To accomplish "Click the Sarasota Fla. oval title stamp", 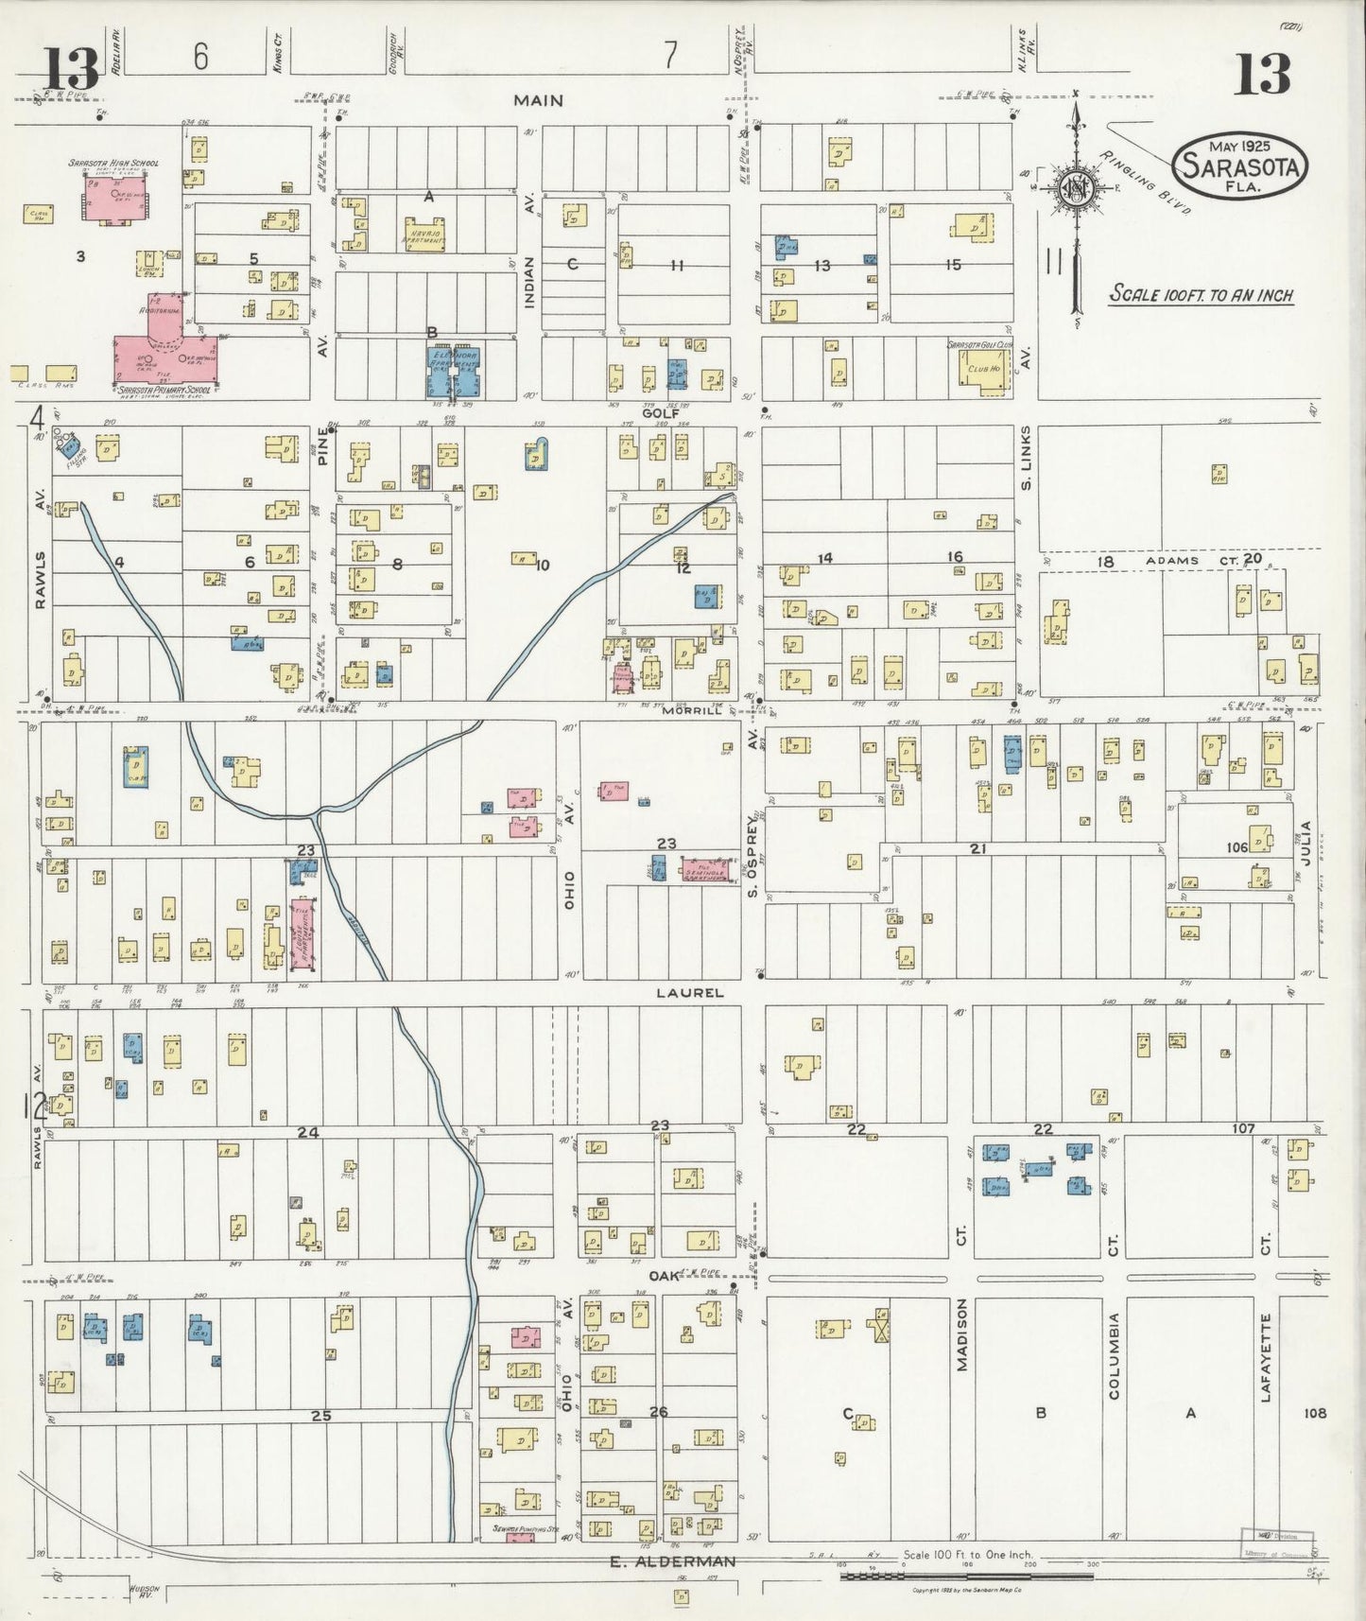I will pos(1240,166).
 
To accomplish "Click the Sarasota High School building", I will pos(116,197).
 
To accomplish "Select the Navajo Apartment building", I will pos(424,234).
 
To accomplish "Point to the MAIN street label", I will pos(539,100).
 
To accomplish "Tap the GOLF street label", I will pos(661,413).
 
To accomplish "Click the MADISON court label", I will pos(960,1333).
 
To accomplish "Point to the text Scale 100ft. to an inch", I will pos(1201,295).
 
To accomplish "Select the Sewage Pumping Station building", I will pos(520,1537).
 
